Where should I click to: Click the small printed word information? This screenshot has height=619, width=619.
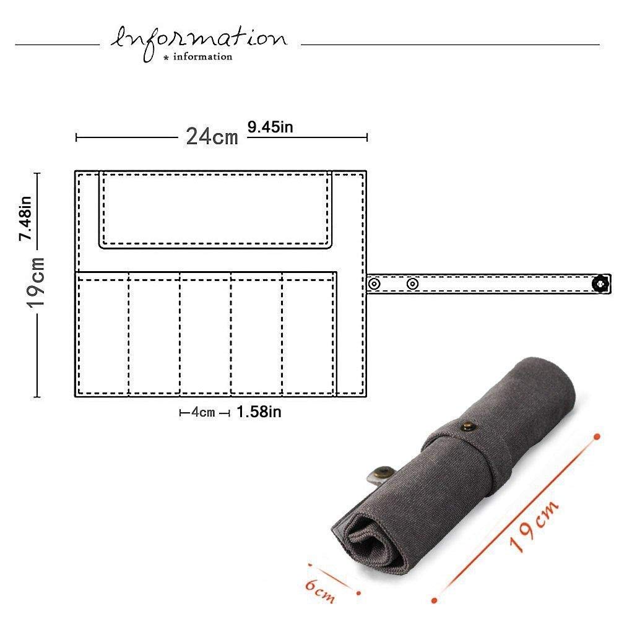tap(202, 57)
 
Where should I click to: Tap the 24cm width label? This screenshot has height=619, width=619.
tap(212, 137)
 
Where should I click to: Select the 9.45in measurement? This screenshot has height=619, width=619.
tap(271, 127)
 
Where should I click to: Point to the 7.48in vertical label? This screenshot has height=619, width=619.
tap(25, 219)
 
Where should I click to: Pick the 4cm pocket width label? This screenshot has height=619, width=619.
tap(203, 412)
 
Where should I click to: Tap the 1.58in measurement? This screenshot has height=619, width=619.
tap(259, 412)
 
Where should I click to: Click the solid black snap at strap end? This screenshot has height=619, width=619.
tap(600, 284)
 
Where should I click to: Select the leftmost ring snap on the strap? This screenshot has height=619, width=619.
tap(374, 284)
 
